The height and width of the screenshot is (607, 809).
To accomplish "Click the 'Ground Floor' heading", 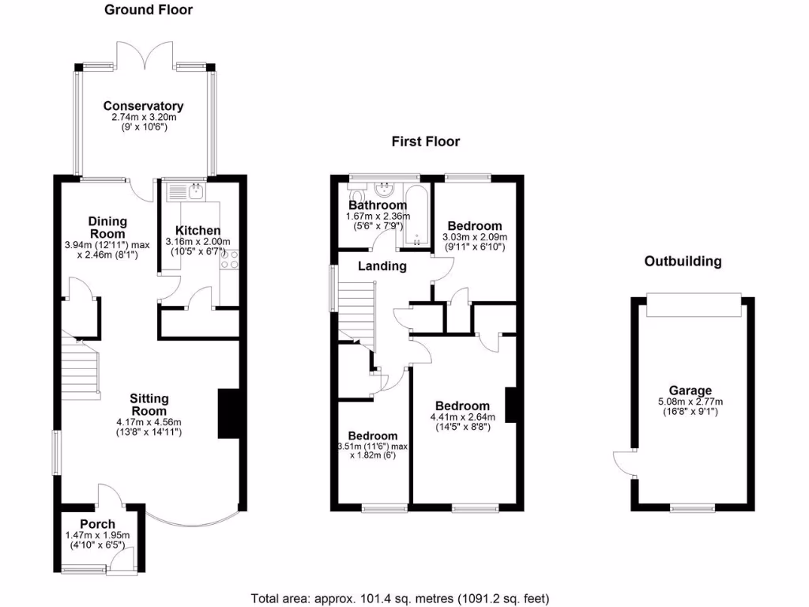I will (x=149, y=10).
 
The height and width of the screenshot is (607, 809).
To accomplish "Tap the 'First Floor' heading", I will (x=426, y=142).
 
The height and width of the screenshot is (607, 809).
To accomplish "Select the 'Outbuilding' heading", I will (x=683, y=262).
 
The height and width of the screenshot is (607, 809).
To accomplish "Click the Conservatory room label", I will (x=143, y=106).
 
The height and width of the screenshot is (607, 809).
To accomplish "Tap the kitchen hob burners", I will (x=231, y=260).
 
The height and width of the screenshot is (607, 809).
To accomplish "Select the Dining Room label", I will (x=107, y=228).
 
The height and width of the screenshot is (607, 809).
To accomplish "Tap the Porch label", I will (x=97, y=524).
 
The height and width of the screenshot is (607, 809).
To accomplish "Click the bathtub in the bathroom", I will (x=416, y=217).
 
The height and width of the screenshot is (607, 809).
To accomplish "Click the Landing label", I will (x=382, y=266).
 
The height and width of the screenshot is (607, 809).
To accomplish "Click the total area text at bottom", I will (x=400, y=598).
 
